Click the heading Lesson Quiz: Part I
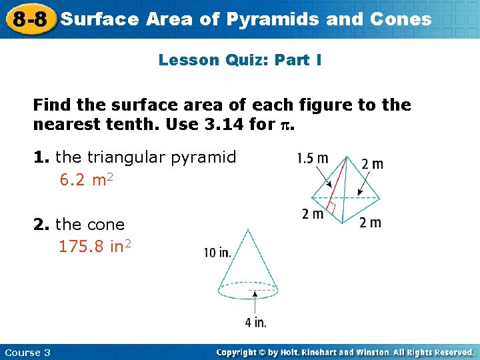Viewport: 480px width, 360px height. point(240,60)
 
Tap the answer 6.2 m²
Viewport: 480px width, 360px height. point(86,179)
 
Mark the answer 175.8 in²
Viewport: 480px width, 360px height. point(95,246)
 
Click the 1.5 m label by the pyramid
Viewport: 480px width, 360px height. point(313,159)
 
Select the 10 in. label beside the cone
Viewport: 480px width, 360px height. point(217,253)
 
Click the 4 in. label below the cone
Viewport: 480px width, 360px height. point(255,323)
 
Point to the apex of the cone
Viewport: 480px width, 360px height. point(248,230)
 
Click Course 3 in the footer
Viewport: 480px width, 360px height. point(27,352)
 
